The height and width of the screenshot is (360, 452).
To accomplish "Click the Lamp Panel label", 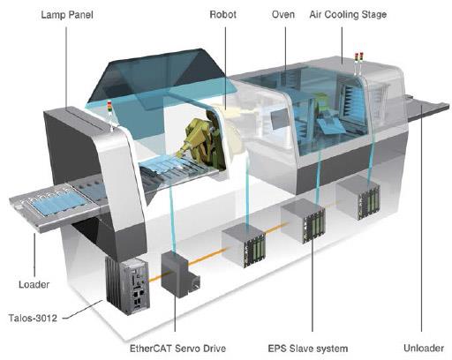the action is [67, 15].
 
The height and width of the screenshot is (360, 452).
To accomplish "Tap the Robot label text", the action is [222, 14].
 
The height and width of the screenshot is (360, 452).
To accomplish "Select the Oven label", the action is [283, 14].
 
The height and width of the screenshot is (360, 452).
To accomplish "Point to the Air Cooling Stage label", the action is [348, 14].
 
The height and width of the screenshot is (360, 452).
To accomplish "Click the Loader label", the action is [34, 284].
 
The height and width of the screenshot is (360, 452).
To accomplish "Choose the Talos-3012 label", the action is [33, 318].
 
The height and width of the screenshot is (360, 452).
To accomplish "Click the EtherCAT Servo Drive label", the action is [177, 349].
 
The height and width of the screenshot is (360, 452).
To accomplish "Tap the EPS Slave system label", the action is [308, 349].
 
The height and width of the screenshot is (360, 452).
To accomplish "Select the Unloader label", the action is [424, 349].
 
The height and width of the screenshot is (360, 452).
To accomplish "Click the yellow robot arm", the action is [200, 141].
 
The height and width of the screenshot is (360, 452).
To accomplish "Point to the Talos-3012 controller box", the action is [128, 284].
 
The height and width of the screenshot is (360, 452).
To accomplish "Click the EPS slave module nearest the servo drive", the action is [244, 245].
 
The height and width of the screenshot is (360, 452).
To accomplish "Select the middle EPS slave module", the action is [303, 221].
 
